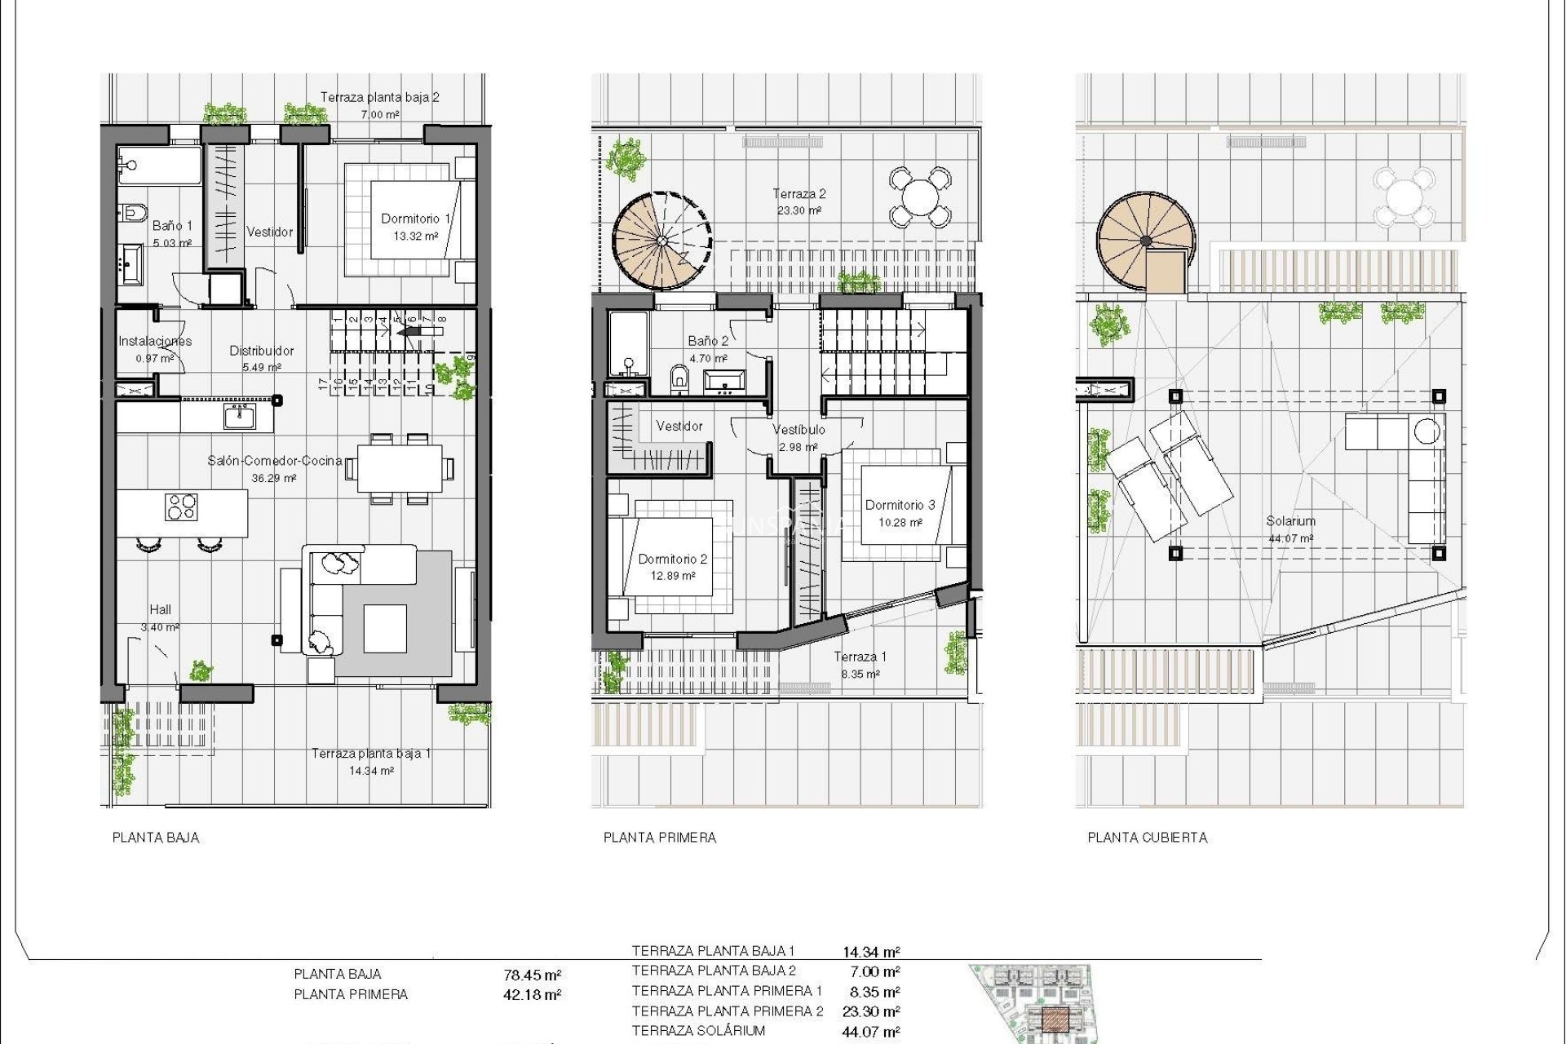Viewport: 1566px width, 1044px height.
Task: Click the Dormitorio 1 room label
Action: [x=416, y=219]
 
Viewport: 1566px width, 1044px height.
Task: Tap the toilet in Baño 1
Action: [x=132, y=214]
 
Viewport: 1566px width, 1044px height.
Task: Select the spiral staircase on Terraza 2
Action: [x=661, y=241]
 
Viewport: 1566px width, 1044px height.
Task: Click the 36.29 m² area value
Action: [x=273, y=479]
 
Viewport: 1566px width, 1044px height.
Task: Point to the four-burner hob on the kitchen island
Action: [x=181, y=507]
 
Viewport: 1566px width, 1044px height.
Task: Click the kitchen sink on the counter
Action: [x=239, y=417]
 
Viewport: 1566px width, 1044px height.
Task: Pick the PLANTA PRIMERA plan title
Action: [x=659, y=838]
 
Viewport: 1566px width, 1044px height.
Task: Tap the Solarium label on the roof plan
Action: [x=1290, y=521]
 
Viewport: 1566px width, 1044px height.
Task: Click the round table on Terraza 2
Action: [x=919, y=197]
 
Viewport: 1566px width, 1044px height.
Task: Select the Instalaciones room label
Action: [x=155, y=342]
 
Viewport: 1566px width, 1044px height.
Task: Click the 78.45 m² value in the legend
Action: [x=532, y=975]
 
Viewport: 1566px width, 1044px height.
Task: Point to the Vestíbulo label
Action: [x=798, y=430]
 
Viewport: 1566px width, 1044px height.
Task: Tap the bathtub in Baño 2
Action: [x=628, y=344]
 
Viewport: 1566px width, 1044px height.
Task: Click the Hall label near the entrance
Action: [x=161, y=610]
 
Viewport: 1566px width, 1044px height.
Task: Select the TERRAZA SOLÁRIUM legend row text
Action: [x=698, y=1031]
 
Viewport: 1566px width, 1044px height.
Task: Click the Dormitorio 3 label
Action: [x=900, y=506]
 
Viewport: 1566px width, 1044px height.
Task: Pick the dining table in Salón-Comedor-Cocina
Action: [x=400, y=469]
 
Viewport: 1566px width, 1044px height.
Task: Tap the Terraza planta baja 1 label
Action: [x=371, y=754]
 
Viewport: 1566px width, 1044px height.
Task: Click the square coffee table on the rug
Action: [x=385, y=628]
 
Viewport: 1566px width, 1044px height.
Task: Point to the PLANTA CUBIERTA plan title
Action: [x=1147, y=838]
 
